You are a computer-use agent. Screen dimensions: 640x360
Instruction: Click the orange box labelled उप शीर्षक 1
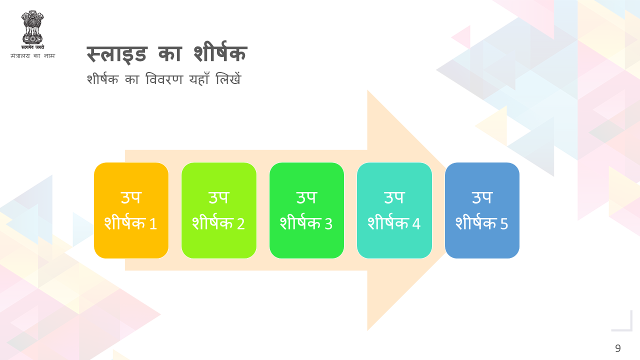pos(131,210)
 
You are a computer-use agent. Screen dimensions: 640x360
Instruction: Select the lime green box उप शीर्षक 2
pos(219,210)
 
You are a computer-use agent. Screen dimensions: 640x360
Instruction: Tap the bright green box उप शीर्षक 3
pos(306,210)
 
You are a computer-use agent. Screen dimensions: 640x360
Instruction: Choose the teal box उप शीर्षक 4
pos(394,210)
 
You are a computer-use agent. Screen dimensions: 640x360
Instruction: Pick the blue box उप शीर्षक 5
pos(482,210)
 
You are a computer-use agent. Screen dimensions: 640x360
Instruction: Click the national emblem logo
pos(32,30)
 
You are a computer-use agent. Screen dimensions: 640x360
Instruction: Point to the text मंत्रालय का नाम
pos(32,55)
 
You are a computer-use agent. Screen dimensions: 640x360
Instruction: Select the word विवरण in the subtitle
pos(164,79)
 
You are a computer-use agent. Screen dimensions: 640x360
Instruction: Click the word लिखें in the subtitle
pos(228,78)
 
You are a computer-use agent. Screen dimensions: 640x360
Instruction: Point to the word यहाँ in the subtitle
pos(199,78)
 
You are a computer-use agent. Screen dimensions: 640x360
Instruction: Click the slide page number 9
pos(617,348)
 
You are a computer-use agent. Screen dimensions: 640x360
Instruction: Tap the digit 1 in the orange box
pos(153,223)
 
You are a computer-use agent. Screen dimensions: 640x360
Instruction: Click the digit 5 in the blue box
pos(504,223)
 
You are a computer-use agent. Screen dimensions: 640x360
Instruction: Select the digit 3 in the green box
pos(328,223)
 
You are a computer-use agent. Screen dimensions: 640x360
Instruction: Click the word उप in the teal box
pos(394,197)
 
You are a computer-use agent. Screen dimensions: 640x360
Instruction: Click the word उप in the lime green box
pos(219,197)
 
